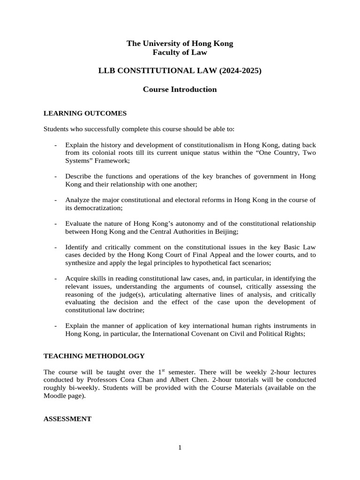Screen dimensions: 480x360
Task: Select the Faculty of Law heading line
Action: (x=180, y=52)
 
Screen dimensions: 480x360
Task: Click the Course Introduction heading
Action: (x=180, y=89)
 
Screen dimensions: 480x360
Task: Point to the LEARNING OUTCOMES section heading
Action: (x=85, y=113)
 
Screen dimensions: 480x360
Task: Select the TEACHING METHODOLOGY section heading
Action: (x=94, y=356)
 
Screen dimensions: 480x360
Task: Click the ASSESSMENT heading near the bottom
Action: (x=67, y=419)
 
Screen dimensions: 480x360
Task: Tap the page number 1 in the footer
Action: (x=180, y=448)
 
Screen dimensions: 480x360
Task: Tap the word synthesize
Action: (x=83, y=263)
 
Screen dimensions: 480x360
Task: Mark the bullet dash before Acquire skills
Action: (x=56, y=279)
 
